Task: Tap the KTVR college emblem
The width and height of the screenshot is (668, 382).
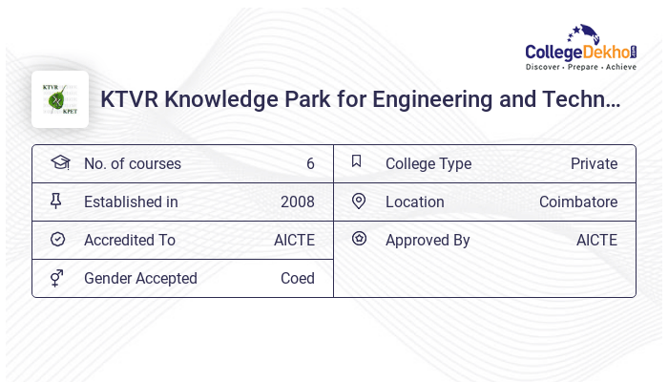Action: pos(59,99)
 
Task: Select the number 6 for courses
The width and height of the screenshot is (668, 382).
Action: pos(310,163)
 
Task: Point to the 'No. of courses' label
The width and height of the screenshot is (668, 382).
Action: pos(132,163)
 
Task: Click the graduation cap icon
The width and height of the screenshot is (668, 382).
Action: pos(59,162)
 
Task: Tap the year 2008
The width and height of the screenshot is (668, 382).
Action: pos(297,202)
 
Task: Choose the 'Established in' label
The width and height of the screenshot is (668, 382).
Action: pos(131,202)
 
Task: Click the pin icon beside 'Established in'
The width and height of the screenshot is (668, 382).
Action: pos(56,201)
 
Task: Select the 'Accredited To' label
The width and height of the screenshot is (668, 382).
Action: pos(129,240)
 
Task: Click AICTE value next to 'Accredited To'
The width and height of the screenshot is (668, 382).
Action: pos(294,240)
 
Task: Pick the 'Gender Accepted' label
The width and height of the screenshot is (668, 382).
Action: pos(140,278)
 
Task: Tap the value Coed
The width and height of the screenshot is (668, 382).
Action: pos(297,278)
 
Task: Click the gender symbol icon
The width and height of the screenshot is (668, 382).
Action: pos(57,278)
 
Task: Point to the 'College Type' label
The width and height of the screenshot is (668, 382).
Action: pos(428,163)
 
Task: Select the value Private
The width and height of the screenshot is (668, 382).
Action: pos(594,163)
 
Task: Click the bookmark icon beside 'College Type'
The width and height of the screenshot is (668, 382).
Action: pos(357,161)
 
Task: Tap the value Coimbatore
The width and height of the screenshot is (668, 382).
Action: pos(577,202)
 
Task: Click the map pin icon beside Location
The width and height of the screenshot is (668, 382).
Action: pos(359,201)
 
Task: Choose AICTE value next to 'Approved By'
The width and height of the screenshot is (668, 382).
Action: pos(596,240)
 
